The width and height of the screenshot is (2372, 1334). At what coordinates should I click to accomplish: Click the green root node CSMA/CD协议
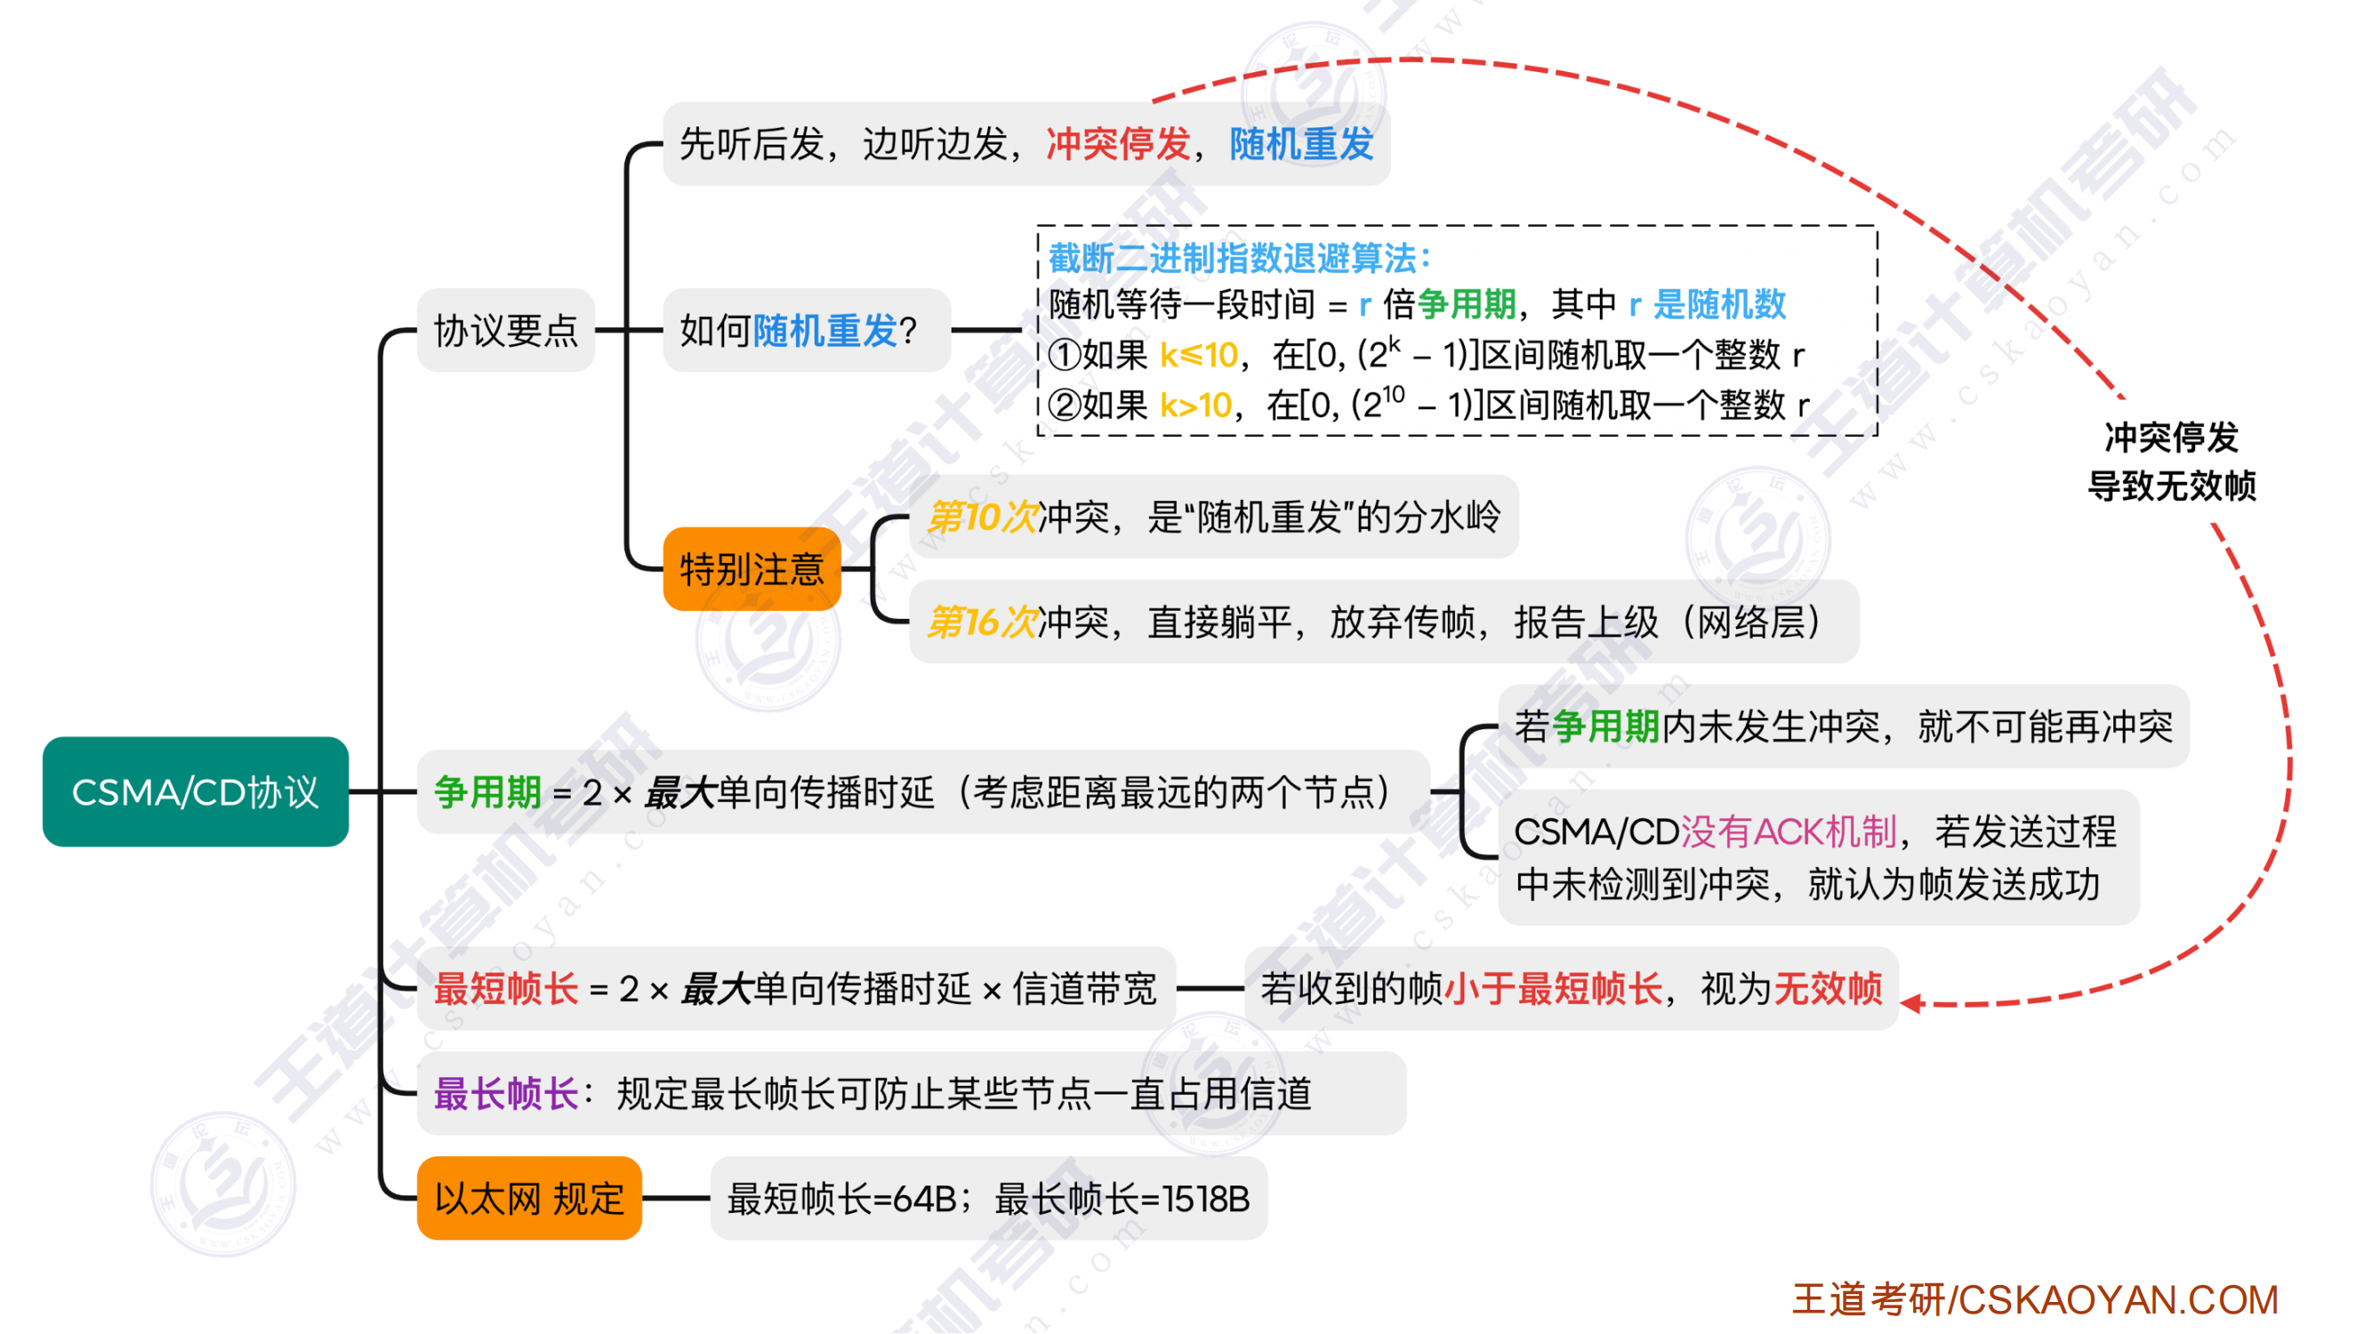tap(195, 792)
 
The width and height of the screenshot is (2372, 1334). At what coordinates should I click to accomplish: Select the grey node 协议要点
tap(505, 331)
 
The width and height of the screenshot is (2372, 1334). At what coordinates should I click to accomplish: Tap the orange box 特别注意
tap(752, 569)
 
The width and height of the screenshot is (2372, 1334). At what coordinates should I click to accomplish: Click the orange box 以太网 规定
tap(528, 1199)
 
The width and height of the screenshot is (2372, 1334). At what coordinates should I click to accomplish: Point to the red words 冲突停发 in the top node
tap(1118, 145)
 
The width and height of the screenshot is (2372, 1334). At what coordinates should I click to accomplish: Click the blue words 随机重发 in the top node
tap(1301, 145)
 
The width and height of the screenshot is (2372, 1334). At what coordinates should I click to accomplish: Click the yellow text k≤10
tap(1198, 356)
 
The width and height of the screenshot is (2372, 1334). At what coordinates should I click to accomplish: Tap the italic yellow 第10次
tap(982, 518)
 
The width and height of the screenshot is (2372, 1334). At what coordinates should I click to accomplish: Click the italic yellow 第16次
tap(982, 623)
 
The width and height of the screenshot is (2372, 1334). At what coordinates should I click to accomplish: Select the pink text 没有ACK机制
tap(1789, 832)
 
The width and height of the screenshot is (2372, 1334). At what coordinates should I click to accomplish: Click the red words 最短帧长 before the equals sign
tap(505, 989)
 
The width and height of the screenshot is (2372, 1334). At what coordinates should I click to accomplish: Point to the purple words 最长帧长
tap(505, 1094)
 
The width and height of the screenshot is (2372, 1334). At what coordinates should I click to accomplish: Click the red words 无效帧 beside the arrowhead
tap(1828, 989)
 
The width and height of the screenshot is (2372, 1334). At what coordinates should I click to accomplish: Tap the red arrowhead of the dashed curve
tap(1911, 1003)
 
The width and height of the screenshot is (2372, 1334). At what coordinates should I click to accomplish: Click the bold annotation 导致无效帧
tap(2171, 486)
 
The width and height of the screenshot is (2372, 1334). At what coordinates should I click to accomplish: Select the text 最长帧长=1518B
tap(1122, 1199)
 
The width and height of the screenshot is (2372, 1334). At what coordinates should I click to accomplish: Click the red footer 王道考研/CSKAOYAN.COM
tap(2035, 1300)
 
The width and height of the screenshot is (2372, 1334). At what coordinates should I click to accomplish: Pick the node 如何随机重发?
tap(799, 331)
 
